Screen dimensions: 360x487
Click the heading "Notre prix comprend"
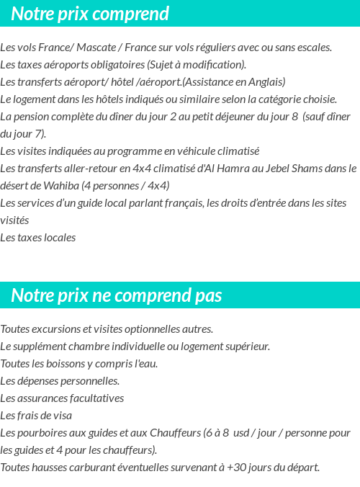click(x=90, y=14)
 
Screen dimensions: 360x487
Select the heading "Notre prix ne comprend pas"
click(x=117, y=295)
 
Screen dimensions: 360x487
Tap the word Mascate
click(x=97, y=48)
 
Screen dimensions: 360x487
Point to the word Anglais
click(x=266, y=82)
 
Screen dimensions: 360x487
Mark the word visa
click(x=61, y=416)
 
